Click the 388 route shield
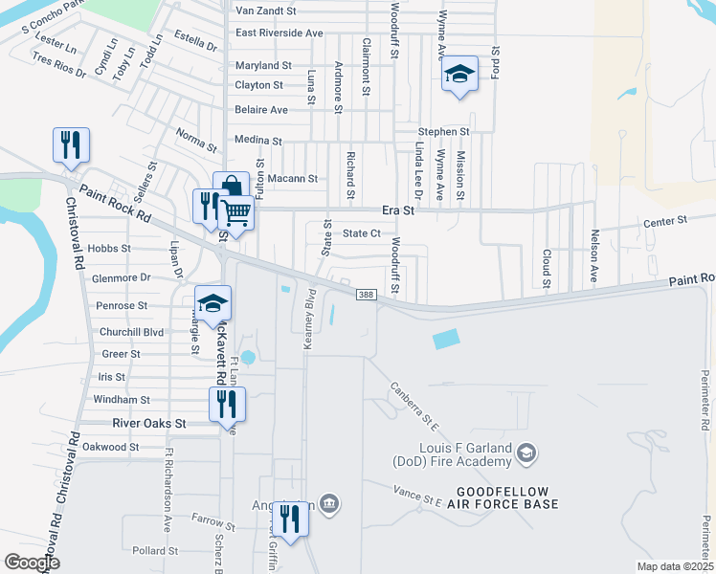click(x=364, y=295)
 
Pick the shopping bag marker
click(x=230, y=188)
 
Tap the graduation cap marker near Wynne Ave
click(x=459, y=73)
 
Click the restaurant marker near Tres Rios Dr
click(x=72, y=144)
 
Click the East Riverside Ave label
click(x=279, y=33)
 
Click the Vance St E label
click(x=419, y=497)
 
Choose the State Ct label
click(x=363, y=233)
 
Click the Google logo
click(x=33, y=562)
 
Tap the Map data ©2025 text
click(x=674, y=566)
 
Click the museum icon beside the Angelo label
click(x=329, y=503)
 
